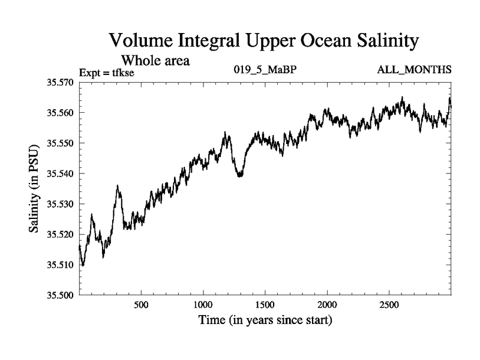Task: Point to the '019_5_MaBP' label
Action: (x=265, y=70)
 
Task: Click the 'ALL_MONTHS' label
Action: (x=414, y=70)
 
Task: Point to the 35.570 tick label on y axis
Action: (x=60, y=82)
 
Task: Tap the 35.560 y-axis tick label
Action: (x=60, y=113)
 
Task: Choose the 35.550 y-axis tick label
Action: (x=60, y=143)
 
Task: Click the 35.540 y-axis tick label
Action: (x=60, y=174)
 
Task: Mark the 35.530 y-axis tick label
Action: (x=60, y=204)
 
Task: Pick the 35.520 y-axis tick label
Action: (x=60, y=235)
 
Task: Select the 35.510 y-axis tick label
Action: (x=60, y=265)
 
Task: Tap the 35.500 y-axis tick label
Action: (x=60, y=295)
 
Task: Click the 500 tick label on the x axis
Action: (x=141, y=305)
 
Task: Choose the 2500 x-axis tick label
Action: (x=389, y=305)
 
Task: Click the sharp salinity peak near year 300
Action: (x=118, y=187)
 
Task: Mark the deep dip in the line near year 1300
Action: (x=240, y=175)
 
